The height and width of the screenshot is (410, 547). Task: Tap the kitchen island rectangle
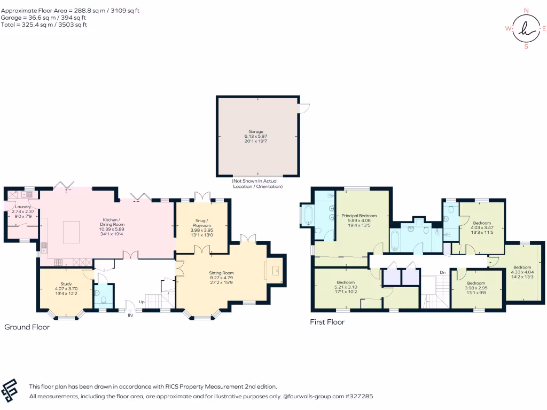(71, 232)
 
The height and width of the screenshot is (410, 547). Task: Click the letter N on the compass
(526, 11)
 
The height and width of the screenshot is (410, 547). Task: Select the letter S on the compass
(526, 46)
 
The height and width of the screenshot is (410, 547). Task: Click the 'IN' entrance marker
(130, 315)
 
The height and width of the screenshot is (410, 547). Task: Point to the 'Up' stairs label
(142, 302)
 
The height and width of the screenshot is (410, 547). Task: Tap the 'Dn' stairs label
(443, 272)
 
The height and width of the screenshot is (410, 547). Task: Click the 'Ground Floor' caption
(27, 327)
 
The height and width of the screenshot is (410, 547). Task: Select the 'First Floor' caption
(327, 322)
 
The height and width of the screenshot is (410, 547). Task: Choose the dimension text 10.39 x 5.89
(112, 229)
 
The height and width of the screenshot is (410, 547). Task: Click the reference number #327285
(359, 397)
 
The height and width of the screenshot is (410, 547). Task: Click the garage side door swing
(304, 108)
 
